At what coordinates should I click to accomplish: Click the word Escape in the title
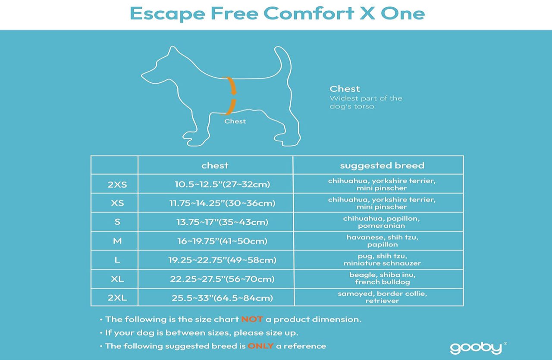pos(167,14)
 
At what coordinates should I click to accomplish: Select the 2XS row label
pos(117,185)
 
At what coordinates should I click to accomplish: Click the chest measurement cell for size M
pos(222,241)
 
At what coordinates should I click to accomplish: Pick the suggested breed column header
pos(382,166)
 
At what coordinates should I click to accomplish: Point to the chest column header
pos(215,165)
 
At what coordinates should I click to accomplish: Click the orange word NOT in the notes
pos(252,319)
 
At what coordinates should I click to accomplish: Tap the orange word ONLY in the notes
pos(260,346)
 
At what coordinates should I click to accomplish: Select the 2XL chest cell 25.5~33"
pos(222,298)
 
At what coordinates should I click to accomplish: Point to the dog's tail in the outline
pos(283,62)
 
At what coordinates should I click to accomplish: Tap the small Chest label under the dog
pos(235,121)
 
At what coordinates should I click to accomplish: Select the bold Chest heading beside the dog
pos(345,89)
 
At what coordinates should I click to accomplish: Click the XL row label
pos(117,279)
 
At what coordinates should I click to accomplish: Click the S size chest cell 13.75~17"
pos(222,222)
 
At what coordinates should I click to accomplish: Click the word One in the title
pos(403,13)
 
